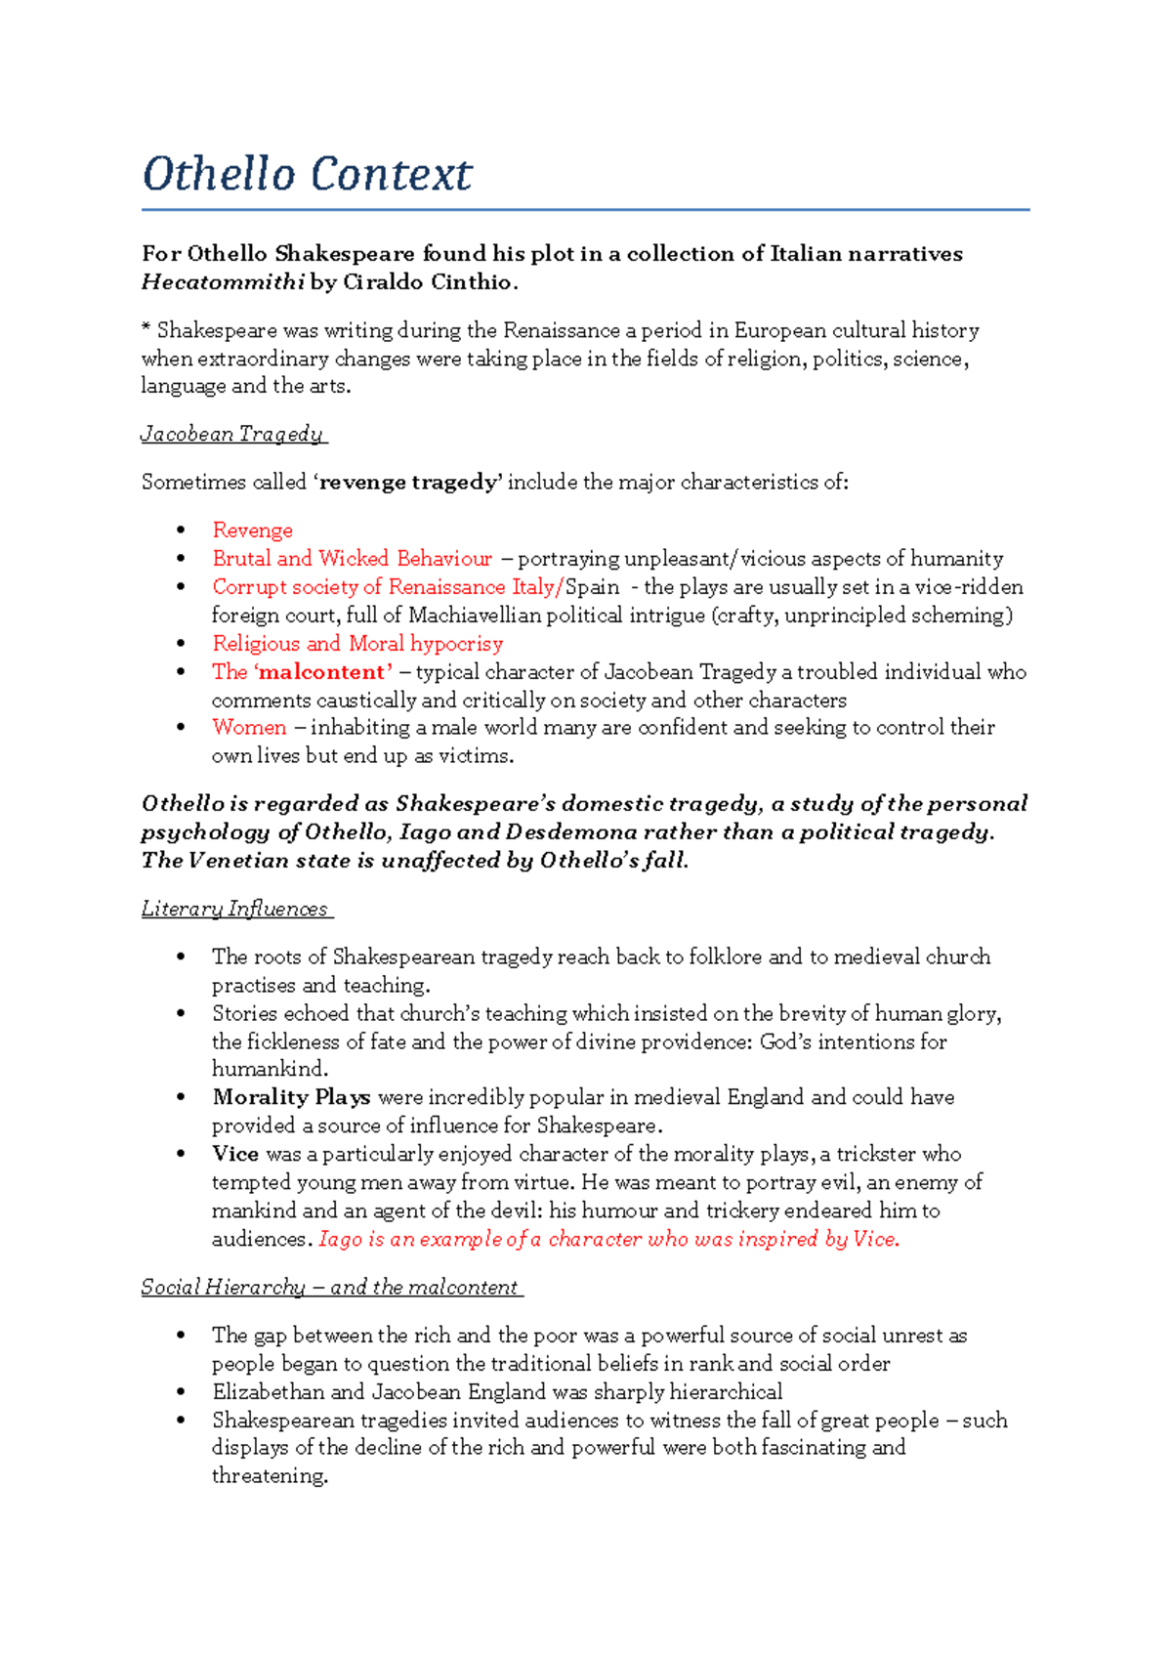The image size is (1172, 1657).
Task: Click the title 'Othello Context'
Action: coord(307,175)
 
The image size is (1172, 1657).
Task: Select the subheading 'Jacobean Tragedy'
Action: coord(232,434)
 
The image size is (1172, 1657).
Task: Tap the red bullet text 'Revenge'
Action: coord(252,531)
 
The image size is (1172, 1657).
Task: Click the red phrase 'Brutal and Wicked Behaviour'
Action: coord(352,559)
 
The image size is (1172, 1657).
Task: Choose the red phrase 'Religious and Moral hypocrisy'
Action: coord(357,644)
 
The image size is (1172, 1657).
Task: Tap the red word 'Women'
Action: coord(249,728)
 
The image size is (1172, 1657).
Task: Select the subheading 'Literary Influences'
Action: coord(235,910)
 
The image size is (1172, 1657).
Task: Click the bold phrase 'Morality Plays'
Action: coord(291,1097)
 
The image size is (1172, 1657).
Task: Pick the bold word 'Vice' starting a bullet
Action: coord(235,1154)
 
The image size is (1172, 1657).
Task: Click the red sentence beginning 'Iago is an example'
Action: coord(608,1239)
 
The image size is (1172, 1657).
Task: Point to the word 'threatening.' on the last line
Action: coord(270,1476)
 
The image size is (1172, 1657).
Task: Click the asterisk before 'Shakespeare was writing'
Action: coord(146,330)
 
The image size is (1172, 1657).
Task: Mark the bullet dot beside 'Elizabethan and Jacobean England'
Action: coord(181,1392)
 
